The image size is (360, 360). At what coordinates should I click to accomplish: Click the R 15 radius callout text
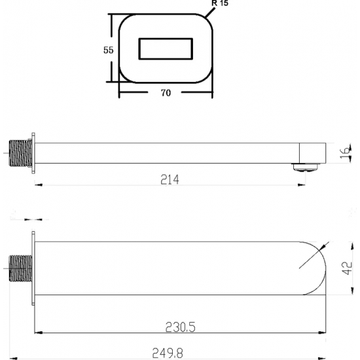point(220,3)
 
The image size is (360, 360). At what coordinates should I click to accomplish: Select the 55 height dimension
point(109,50)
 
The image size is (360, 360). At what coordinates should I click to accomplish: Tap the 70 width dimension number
point(166,93)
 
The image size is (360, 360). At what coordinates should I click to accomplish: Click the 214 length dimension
point(170,179)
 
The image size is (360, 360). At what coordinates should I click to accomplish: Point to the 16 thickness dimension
point(346,153)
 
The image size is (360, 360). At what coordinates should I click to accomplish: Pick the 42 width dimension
point(347,268)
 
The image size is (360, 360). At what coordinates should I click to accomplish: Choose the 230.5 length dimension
point(181,327)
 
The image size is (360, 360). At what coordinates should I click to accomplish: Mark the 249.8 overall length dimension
point(168,353)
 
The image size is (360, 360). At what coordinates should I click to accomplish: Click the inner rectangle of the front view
point(166,48)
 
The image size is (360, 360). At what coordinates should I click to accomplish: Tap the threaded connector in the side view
point(20,153)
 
